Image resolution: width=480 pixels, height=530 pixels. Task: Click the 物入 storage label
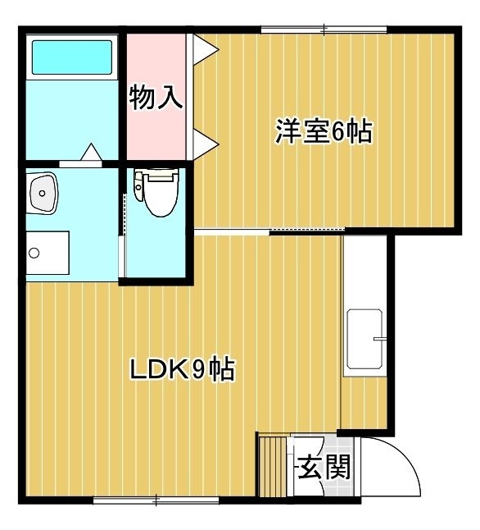[156, 98]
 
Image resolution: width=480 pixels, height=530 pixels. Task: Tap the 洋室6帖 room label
[324, 130]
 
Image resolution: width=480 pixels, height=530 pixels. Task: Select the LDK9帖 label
[182, 369]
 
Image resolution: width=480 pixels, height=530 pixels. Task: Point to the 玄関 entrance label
[324, 467]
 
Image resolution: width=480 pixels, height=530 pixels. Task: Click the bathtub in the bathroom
[72, 57]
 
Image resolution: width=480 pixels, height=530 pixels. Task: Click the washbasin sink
[43, 193]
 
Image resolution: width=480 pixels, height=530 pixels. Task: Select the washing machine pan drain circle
[34, 253]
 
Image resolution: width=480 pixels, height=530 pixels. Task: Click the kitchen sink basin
[365, 339]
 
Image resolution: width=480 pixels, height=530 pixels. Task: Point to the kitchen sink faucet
[378, 338]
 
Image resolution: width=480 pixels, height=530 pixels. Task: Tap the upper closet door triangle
[206, 50]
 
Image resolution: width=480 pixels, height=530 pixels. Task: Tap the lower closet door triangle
[206, 144]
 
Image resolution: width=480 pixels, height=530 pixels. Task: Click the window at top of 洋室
[324, 30]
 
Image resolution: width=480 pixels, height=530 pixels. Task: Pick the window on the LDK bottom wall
[156, 500]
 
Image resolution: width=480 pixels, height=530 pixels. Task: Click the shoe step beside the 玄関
[273, 467]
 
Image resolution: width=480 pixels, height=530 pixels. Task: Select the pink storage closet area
[156, 97]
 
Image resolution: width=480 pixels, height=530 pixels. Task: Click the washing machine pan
[48, 253]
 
